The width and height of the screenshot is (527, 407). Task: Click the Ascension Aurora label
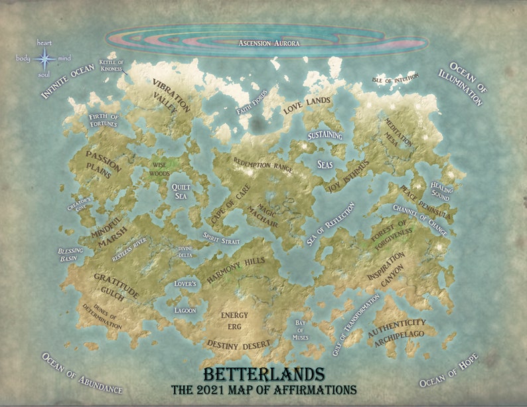(x=268, y=44)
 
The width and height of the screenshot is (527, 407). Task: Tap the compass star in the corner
(x=45, y=60)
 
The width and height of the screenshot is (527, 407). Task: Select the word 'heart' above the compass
(x=44, y=43)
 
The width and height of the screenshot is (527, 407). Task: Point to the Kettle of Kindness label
(x=112, y=65)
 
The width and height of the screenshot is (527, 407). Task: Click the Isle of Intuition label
(x=396, y=80)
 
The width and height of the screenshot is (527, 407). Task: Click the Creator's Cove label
(x=79, y=204)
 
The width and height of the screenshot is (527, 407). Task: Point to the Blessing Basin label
(x=70, y=254)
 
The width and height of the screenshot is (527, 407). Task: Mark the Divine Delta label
(x=185, y=252)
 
